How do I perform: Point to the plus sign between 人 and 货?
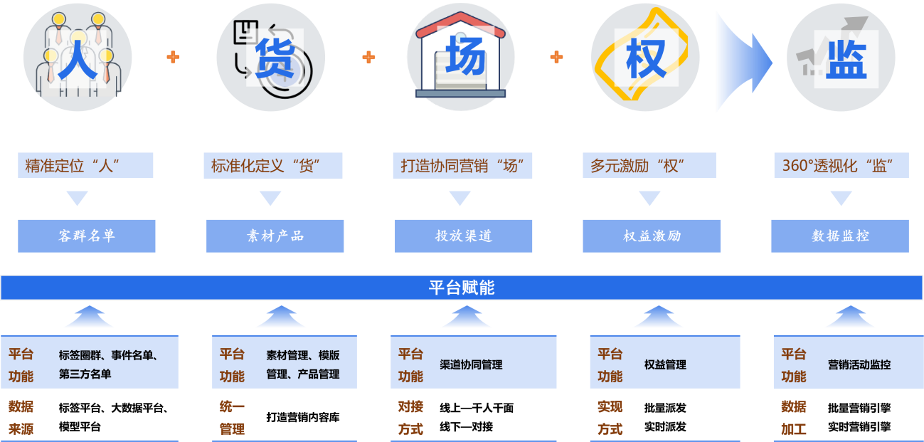tap(173, 57)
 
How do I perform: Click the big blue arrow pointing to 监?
tap(743, 62)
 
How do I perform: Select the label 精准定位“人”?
tap(85, 166)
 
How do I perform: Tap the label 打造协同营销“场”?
tap(462, 166)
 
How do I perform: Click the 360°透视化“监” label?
tap(841, 166)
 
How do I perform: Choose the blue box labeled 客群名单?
tap(87, 236)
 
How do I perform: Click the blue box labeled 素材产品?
tap(275, 236)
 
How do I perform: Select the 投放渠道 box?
tap(464, 236)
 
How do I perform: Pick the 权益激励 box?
tap(652, 236)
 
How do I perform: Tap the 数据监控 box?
tap(840, 236)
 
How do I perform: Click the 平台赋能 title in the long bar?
tap(462, 288)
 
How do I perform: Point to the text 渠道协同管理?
tap(471, 365)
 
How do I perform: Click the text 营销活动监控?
tap(859, 365)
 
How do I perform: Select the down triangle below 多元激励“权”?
tap(649, 198)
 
